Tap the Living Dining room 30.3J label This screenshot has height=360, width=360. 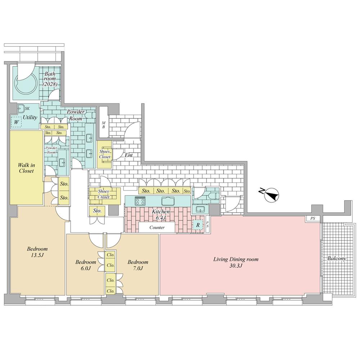coord(236,262)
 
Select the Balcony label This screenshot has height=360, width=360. coord(336,258)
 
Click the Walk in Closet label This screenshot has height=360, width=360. coord(26,168)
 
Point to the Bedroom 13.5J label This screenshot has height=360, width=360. coord(37,252)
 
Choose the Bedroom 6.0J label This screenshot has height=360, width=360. coord(86,265)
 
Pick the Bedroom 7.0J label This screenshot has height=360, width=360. coord(138,265)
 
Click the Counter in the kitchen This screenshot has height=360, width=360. coord(157,227)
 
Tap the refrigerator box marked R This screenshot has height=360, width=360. coord(198,225)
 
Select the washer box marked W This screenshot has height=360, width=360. coord(16,122)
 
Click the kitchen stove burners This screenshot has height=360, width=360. coord(140,201)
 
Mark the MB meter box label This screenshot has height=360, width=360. coord(104,125)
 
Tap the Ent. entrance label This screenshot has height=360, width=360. coord(129,155)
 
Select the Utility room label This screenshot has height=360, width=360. coord(30,117)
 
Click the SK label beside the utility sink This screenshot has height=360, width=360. coord(27,108)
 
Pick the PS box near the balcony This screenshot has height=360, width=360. coord(313,219)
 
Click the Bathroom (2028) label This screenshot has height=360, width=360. coord(50,79)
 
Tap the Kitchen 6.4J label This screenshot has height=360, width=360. coord(161,215)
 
